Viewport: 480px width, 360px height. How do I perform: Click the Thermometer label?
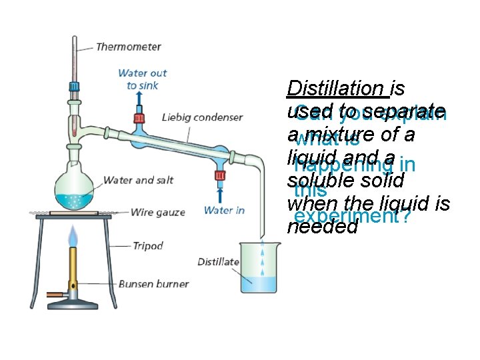128,47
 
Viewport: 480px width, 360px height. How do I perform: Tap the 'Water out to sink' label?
142,79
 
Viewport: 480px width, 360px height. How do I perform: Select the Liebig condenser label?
202,118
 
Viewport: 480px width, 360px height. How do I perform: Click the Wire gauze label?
157,213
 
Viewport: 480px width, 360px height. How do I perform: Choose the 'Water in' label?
224,211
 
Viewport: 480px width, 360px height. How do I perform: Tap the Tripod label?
147,246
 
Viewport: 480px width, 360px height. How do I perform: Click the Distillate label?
218,262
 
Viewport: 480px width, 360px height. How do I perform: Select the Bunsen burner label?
153,284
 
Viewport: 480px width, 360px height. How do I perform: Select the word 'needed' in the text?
323,227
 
